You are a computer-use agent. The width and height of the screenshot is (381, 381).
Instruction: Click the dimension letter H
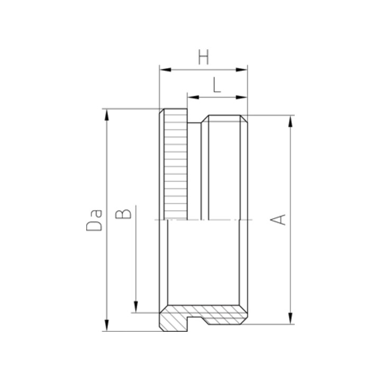click(204, 57)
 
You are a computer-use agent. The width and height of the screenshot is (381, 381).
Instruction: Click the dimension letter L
click(217, 85)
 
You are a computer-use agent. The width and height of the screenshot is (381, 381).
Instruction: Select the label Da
click(94, 220)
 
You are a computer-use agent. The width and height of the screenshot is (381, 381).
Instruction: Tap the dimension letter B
click(123, 214)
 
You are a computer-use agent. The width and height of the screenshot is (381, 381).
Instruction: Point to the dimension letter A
click(278, 220)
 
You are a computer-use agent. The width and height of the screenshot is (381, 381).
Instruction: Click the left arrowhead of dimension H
click(165, 70)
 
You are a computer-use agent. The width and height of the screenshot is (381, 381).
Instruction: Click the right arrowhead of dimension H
click(241, 70)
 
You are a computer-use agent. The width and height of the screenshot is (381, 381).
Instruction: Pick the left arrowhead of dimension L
click(193, 97)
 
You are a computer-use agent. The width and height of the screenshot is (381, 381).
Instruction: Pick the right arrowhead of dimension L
click(241, 97)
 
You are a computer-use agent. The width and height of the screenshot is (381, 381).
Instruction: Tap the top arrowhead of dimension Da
click(106, 115)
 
